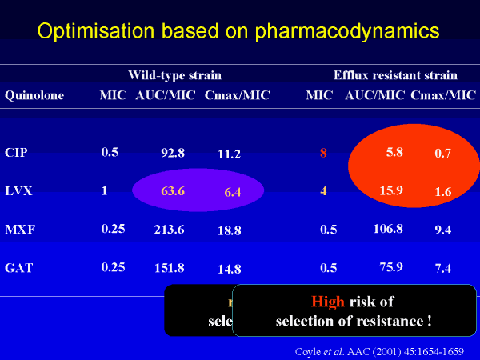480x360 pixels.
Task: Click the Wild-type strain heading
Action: pos(174,75)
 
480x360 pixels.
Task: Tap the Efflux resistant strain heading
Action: pos(395,75)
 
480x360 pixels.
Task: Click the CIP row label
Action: pos(16,153)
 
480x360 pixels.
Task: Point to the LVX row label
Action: pos(18,192)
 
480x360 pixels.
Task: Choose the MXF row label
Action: pos(18,230)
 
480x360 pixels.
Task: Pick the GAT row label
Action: pos(18,267)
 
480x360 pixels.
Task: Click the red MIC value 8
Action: pos(323,153)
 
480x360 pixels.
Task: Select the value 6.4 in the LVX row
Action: pos(233,193)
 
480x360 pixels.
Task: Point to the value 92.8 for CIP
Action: pos(173,153)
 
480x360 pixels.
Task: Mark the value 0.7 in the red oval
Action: pos(442,153)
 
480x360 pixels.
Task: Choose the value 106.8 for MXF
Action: pos(387,230)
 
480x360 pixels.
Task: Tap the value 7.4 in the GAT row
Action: pos(442,267)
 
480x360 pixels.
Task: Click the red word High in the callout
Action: pos(328,302)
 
